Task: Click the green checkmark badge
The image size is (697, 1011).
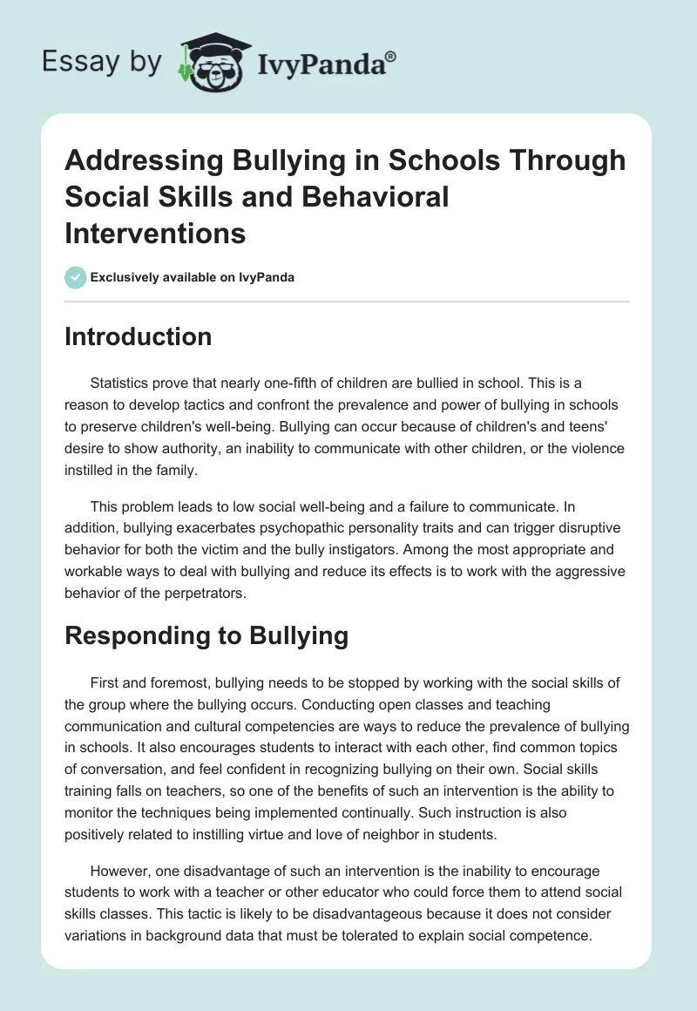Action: (75, 277)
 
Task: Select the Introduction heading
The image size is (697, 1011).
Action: (138, 336)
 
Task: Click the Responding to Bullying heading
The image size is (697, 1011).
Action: (206, 635)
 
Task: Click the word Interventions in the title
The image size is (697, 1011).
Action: (155, 234)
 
